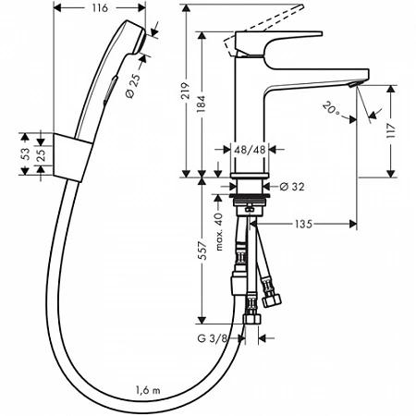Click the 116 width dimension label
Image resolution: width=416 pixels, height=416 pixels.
[x=100, y=8]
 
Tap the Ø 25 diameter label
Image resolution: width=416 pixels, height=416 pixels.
[x=133, y=86]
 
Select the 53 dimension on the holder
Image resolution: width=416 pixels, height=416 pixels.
[x=25, y=153]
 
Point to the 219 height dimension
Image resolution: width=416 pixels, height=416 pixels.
[x=185, y=91]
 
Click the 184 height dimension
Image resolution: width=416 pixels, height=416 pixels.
[x=201, y=104]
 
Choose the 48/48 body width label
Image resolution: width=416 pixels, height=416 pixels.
[x=250, y=150]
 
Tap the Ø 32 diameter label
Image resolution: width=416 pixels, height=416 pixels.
[x=292, y=187]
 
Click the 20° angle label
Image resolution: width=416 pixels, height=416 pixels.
[x=332, y=109]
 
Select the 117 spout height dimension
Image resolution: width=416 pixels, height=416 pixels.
[x=391, y=130]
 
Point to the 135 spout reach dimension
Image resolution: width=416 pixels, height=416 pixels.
[x=303, y=224]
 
